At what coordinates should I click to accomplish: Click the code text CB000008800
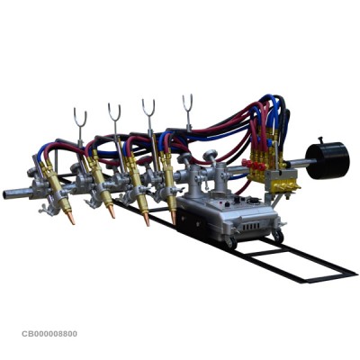tap(49, 334)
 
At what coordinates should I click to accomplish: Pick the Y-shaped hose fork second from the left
tap(114, 111)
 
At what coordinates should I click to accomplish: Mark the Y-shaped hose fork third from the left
tap(148, 107)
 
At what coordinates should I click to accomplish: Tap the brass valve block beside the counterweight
tap(285, 184)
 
